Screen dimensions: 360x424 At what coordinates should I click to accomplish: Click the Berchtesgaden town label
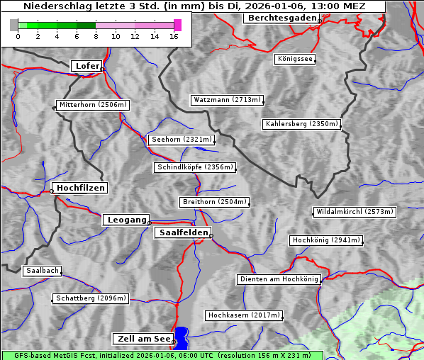[281, 18]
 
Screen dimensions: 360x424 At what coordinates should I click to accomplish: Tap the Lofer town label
[87, 66]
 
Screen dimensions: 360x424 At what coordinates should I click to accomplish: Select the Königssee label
[295, 59]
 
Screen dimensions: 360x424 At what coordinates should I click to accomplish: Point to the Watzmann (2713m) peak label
[227, 100]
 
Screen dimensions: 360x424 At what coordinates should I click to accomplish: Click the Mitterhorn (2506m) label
[93, 105]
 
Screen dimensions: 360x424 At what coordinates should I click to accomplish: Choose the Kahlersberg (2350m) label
[301, 124]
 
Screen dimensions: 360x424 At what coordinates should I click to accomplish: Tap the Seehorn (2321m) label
[182, 140]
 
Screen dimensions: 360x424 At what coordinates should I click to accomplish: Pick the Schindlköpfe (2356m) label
[194, 167]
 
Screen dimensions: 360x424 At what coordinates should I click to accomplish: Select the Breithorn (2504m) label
[214, 202]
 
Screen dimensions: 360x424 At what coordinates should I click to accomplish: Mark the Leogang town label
[126, 220]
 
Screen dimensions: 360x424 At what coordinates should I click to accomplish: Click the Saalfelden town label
[183, 232]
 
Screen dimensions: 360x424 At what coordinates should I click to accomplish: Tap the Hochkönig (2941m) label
[326, 240]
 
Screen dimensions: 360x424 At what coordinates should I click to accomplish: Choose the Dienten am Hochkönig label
[279, 279]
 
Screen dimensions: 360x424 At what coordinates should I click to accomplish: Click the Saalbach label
[42, 271]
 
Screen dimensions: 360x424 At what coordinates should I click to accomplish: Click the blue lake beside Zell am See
[182, 337]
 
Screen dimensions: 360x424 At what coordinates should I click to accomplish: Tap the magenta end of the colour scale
[177, 25]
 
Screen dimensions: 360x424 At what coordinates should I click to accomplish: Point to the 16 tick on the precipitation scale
[174, 36]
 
